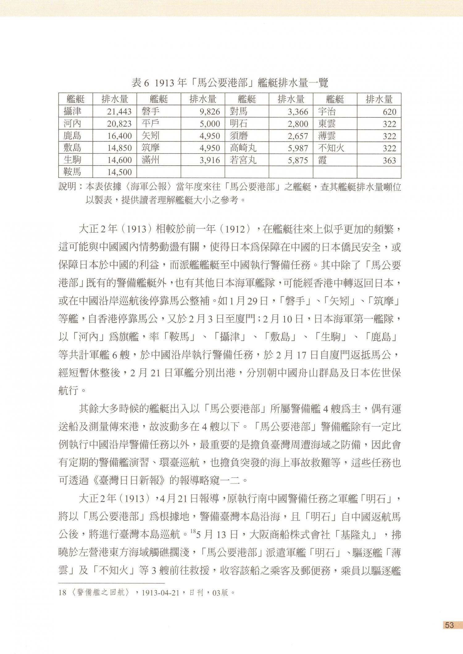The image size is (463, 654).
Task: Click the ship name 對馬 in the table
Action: (x=239, y=112)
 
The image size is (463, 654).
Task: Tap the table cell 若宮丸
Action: (x=243, y=160)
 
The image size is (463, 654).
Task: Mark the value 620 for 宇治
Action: (x=389, y=112)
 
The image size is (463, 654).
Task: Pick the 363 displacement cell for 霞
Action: (x=389, y=160)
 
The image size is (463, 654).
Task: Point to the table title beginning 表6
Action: (x=230, y=83)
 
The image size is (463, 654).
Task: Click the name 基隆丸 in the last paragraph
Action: (x=358, y=535)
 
